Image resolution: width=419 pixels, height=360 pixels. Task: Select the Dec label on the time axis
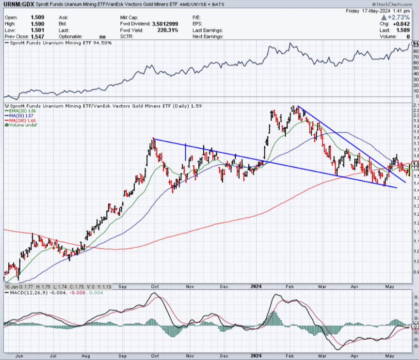pyautogui.click(x=224, y=286)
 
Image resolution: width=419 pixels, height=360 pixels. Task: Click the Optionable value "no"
pyautogui.click(x=102, y=36)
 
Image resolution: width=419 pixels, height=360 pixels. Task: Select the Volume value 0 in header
pyautogui.click(x=409, y=36)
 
